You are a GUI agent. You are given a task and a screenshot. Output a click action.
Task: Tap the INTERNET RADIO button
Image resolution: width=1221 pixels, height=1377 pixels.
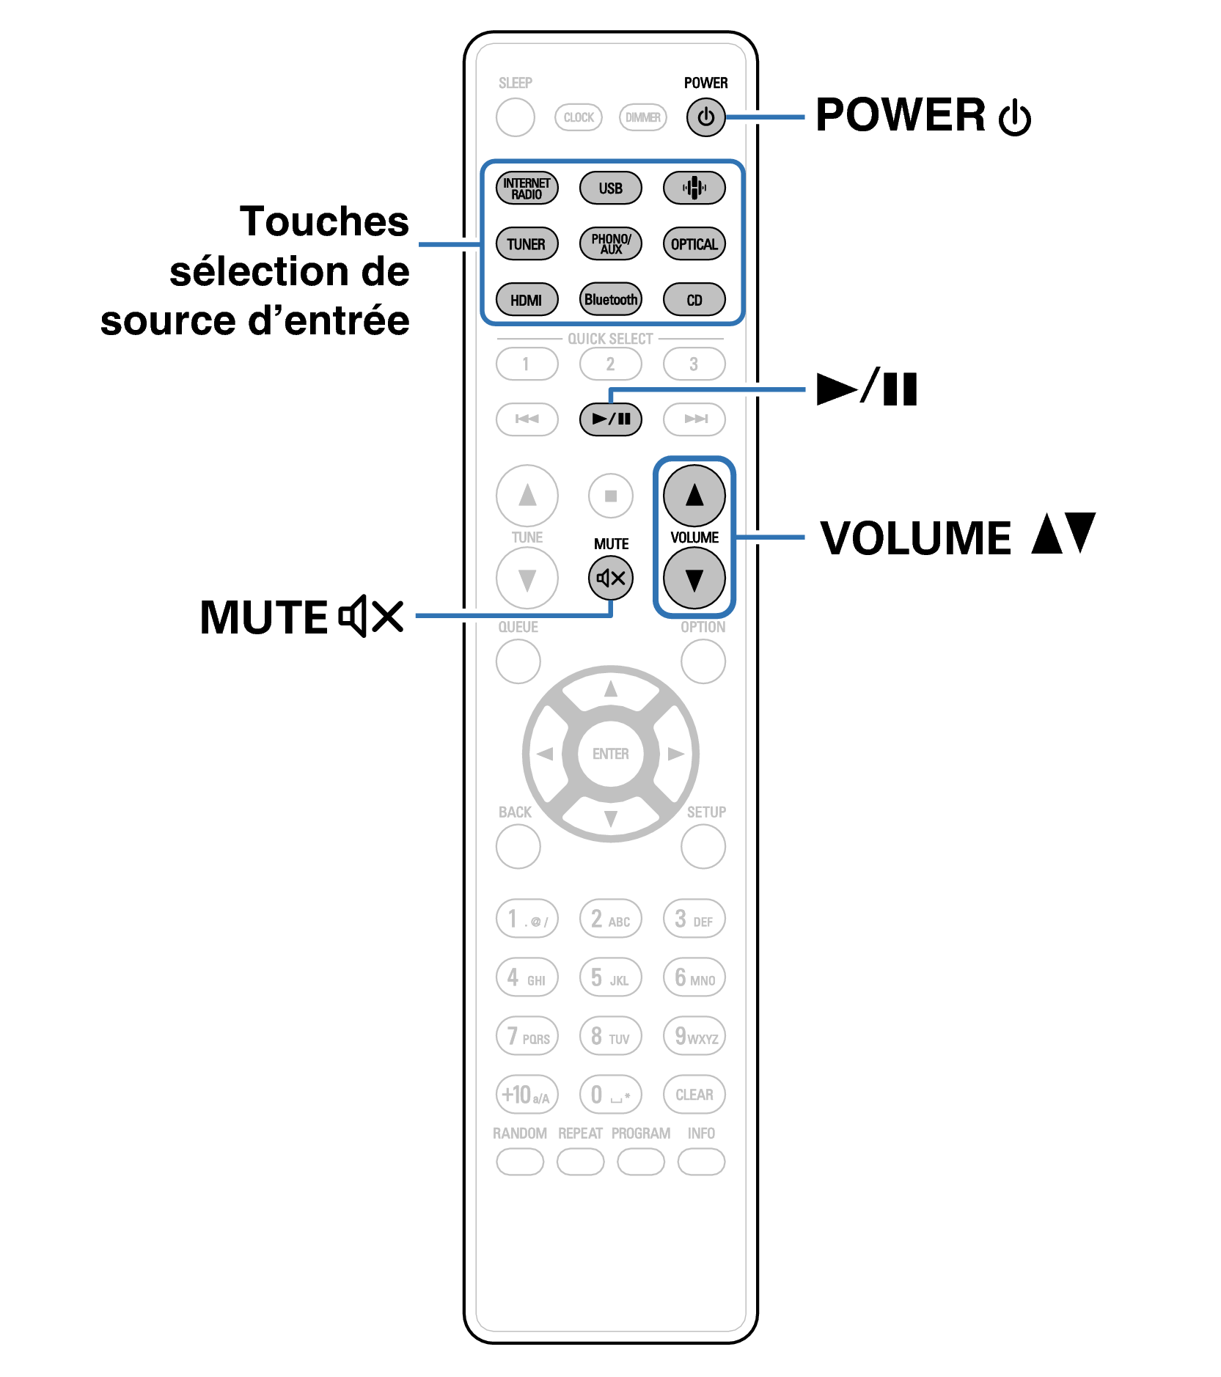pos(527,188)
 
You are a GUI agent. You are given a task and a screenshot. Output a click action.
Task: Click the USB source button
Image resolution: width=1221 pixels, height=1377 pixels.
pos(610,188)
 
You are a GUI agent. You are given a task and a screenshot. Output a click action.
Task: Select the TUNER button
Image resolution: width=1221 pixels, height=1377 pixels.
pos(527,244)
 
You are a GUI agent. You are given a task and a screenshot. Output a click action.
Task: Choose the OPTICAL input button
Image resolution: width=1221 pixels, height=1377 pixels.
pos(694,244)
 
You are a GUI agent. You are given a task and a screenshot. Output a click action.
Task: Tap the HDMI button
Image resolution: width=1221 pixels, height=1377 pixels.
pos(527,300)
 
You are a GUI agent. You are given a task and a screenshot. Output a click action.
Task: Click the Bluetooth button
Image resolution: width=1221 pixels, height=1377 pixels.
pos(610,300)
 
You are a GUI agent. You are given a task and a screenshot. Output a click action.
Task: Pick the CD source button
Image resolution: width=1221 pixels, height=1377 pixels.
pos(694,300)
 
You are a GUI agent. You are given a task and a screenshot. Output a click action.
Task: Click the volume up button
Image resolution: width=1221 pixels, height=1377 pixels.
pos(694,496)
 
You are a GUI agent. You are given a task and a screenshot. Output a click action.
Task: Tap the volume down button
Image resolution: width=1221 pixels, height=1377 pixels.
pos(694,579)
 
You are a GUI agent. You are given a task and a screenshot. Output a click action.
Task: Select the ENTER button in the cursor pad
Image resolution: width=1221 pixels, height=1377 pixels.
pos(610,754)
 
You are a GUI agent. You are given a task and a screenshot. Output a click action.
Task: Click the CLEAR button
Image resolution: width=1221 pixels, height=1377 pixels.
pos(694,1095)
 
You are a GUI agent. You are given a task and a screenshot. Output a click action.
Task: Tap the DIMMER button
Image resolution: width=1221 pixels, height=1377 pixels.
pos(642,117)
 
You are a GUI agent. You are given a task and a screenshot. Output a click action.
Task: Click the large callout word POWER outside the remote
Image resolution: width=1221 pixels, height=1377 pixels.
pos(901,115)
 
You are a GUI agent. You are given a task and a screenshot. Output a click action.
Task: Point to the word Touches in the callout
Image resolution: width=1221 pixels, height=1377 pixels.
pos(324,221)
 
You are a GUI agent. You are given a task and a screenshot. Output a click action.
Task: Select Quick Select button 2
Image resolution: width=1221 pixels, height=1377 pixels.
pos(610,364)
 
